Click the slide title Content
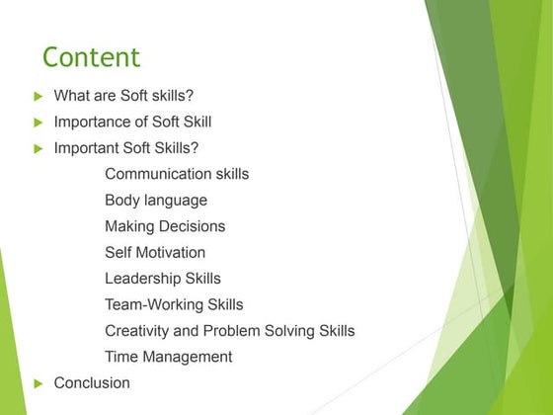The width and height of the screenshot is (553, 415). (92, 56)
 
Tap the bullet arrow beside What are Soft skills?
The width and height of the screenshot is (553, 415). (39, 97)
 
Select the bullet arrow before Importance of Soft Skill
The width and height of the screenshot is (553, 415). (39, 123)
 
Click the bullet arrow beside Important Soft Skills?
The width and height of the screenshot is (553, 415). (39, 149)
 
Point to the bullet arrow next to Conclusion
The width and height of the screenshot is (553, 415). (39, 383)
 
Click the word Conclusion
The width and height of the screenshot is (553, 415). (92, 382)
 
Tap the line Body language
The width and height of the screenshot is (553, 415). (156, 201)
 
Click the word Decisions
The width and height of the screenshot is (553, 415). (193, 226)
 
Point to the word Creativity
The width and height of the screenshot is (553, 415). (137, 331)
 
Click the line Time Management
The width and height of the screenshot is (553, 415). (169, 357)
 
